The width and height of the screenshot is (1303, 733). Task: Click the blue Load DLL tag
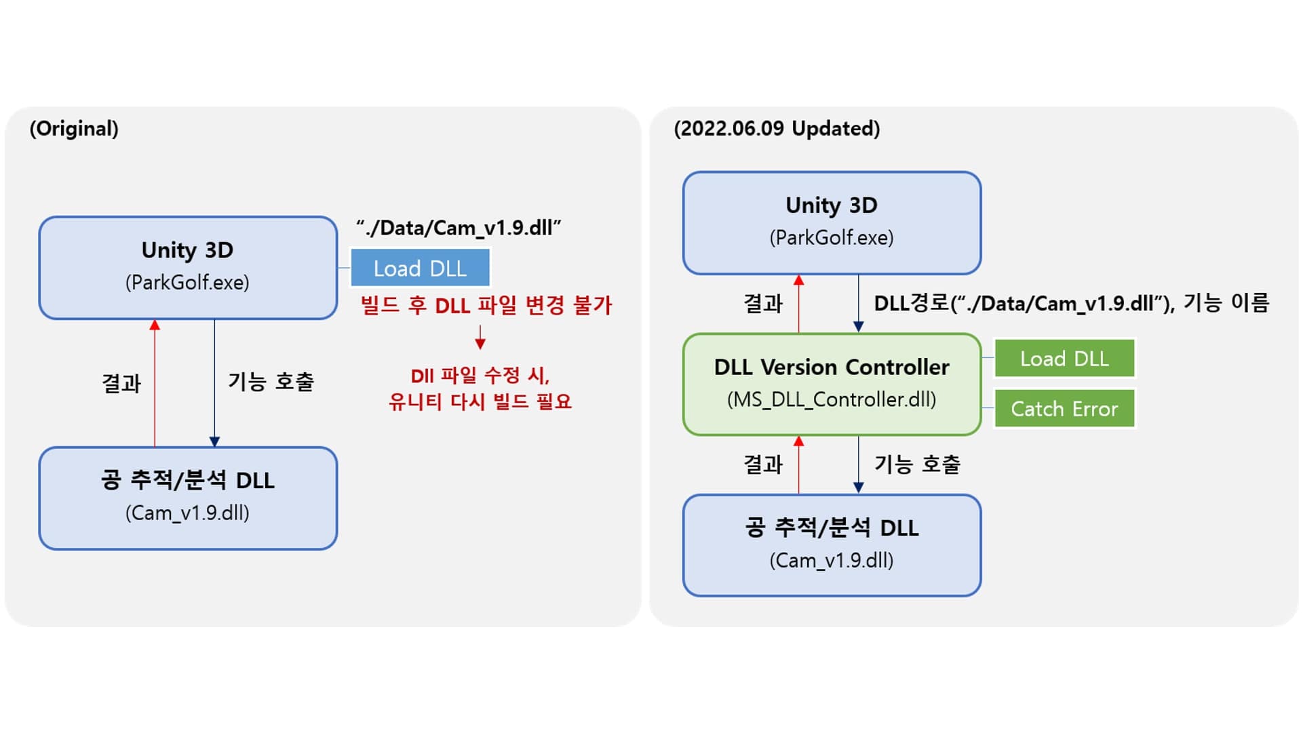[x=420, y=269]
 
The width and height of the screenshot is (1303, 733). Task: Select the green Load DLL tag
[x=1064, y=359]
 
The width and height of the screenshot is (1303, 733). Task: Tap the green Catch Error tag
[x=1064, y=409]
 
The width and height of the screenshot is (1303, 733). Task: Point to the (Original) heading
[x=74, y=129]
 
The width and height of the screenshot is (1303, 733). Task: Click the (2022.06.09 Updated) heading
[x=777, y=129]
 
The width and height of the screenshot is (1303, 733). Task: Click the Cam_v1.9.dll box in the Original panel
[x=188, y=498]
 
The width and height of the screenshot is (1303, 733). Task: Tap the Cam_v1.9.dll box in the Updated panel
[x=832, y=545]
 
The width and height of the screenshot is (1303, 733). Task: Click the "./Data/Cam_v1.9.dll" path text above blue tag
[x=459, y=228]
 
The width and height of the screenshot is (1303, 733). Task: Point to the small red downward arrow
[x=480, y=338]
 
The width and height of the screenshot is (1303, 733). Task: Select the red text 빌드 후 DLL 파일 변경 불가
[x=486, y=306]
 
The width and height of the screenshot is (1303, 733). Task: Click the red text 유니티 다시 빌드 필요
[x=480, y=401]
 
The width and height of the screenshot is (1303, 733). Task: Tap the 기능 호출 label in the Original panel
[x=271, y=382]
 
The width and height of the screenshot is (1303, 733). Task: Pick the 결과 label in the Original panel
[x=121, y=383]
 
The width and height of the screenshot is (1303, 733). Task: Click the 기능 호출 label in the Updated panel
[x=917, y=464]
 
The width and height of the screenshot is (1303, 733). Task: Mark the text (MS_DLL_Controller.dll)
[x=832, y=399]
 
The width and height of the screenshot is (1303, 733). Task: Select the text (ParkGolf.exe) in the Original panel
[x=187, y=283]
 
